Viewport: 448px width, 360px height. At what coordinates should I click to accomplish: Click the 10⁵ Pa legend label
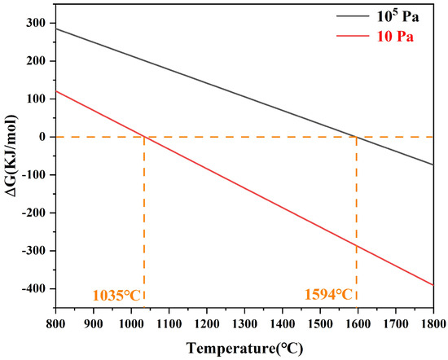[x=397, y=16]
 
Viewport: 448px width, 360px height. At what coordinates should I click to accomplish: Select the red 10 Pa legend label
[x=395, y=37]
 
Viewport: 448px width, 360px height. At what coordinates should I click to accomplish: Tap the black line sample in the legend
[x=353, y=15]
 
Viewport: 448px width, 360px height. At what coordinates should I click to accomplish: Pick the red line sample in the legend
[x=353, y=36]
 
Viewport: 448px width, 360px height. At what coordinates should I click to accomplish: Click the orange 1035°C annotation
[x=116, y=296]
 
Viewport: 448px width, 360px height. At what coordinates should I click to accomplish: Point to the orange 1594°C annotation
[x=328, y=295]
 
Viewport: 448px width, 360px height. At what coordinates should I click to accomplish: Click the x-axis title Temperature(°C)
[x=244, y=349]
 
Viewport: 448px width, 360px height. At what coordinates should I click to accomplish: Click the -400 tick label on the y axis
[x=34, y=288]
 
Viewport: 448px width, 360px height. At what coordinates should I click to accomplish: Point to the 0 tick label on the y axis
[x=43, y=137]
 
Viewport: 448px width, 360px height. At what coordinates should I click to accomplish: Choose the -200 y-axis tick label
[x=34, y=213]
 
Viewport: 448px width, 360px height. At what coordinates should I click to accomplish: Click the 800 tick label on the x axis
[x=55, y=324]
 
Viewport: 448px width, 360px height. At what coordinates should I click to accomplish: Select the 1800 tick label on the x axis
[x=433, y=324]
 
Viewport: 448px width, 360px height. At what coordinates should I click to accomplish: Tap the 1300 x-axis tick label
[x=244, y=324]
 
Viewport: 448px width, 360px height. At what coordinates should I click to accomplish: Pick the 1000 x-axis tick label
[x=131, y=324]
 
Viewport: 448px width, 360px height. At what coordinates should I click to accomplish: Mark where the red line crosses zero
[x=144, y=137]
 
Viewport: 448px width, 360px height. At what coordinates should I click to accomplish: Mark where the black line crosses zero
[x=356, y=137]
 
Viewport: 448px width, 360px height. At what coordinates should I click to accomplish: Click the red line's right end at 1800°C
[x=433, y=285]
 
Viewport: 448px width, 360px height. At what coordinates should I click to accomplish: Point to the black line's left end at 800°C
[x=55, y=29]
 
